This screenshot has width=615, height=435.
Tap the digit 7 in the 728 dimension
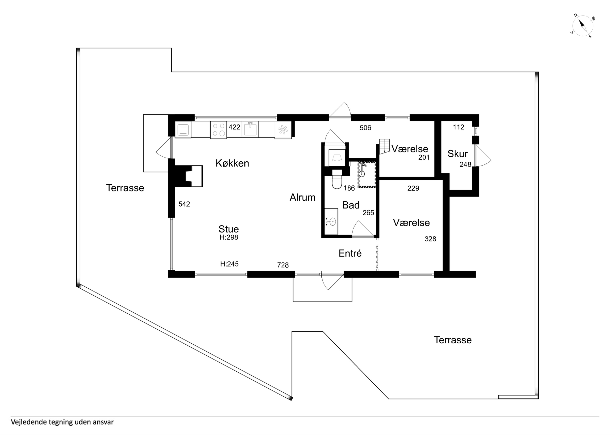point(279,265)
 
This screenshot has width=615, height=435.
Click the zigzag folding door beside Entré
point(377,257)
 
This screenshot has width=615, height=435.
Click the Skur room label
point(458,154)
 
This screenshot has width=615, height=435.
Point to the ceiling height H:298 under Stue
point(229,237)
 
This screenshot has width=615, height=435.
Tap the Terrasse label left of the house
point(125,188)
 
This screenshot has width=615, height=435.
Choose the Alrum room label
point(302,198)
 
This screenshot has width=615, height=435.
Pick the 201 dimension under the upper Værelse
point(424,158)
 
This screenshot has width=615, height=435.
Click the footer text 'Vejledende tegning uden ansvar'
point(62,422)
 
